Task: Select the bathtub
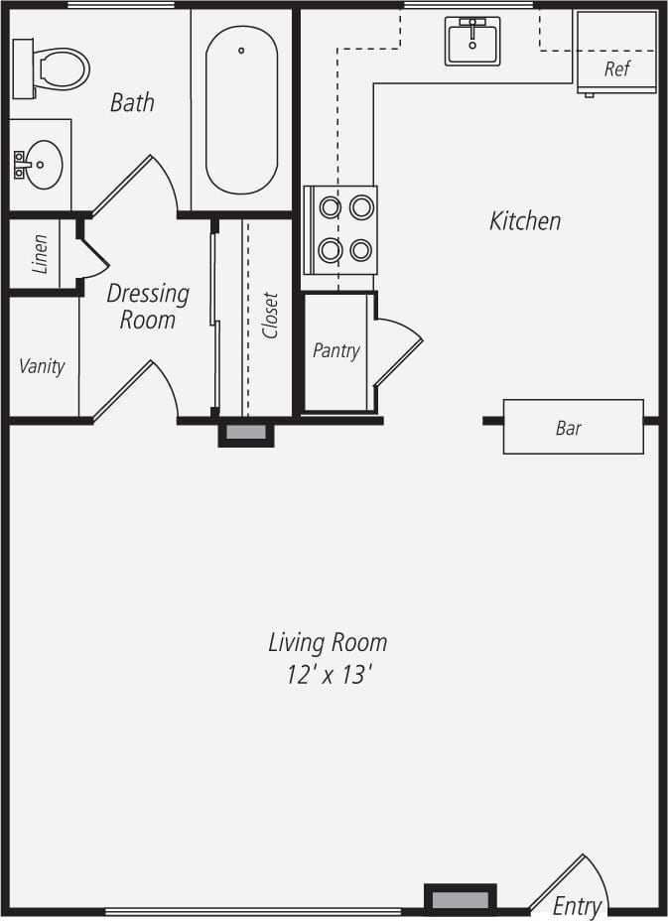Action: click(x=241, y=109)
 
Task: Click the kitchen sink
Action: click(x=472, y=42)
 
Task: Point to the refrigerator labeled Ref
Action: click(x=616, y=53)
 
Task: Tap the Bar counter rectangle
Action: click(x=573, y=427)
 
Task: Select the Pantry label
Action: click(x=335, y=350)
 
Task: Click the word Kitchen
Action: click(x=524, y=220)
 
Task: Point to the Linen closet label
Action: click(x=40, y=254)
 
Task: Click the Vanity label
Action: click(x=42, y=366)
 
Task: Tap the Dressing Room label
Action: click(x=147, y=307)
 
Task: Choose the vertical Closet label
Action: click(x=270, y=316)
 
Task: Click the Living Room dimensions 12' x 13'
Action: click(x=328, y=675)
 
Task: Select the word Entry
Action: click(x=577, y=906)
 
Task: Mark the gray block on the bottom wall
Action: click(x=461, y=900)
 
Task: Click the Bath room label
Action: click(x=132, y=102)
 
